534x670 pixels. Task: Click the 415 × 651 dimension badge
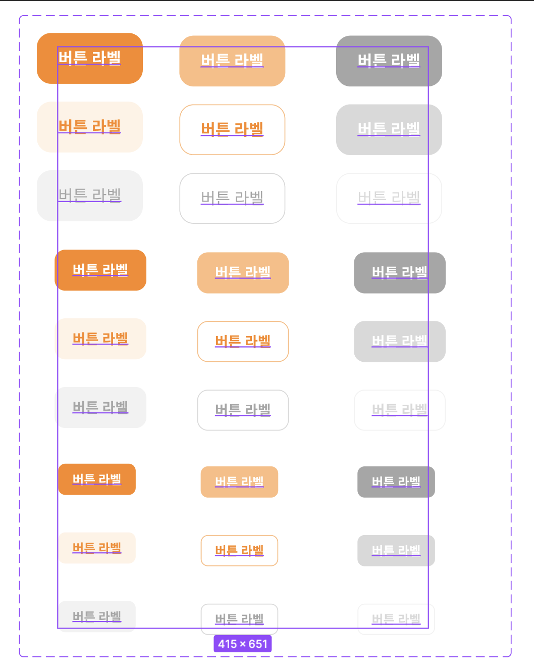click(242, 644)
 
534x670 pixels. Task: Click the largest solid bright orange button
click(90, 58)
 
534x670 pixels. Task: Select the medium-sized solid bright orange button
click(100, 270)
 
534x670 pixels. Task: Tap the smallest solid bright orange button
click(97, 479)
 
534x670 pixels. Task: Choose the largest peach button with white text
click(232, 61)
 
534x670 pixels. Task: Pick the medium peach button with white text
click(243, 273)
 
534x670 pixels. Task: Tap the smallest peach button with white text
click(239, 482)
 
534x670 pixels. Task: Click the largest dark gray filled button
click(389, 61)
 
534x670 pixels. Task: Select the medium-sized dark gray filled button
click(399, 273)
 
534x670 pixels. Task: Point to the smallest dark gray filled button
click(396, 482)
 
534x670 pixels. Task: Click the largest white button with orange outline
click(232, 129)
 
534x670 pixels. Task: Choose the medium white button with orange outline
click(243, 342)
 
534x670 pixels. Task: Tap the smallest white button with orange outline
click(239, 550)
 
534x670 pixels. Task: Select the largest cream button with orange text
click(90, 127)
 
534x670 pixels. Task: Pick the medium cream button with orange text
click(100, 339)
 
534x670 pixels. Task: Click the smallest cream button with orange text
click(97, 548)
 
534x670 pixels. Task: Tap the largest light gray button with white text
click(389, 129)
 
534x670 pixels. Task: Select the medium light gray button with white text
click(399, 342)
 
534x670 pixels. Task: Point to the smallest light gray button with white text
click(396, 550)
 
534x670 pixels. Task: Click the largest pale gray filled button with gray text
click(90, 196)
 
